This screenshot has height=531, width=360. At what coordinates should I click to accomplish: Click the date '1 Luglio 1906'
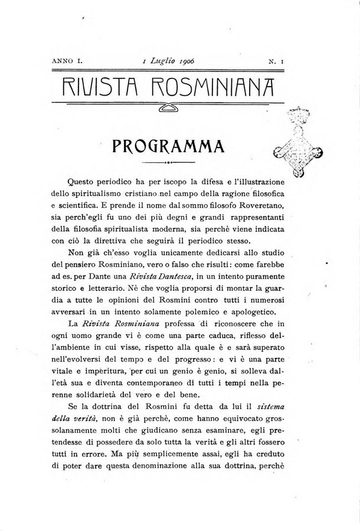click(169, 61)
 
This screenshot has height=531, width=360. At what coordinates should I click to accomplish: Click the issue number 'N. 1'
click(276, 61)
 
